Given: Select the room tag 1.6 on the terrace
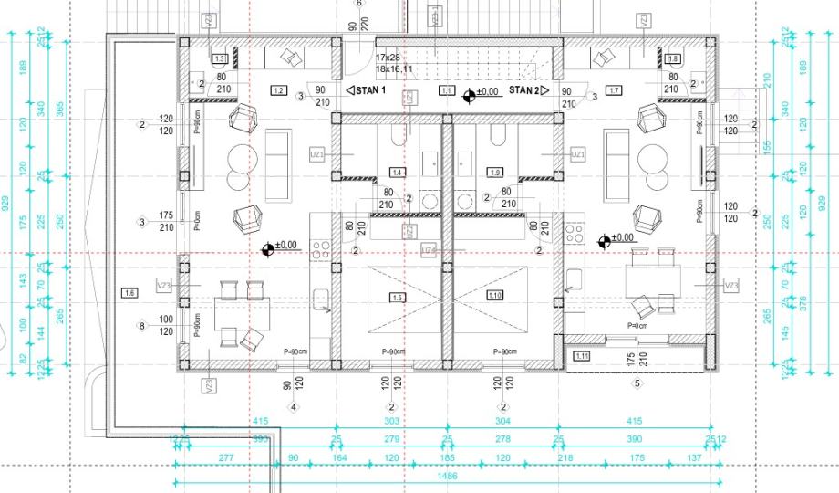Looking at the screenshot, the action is tap(129, 293).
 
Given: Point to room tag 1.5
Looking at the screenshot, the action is tap(396, 297).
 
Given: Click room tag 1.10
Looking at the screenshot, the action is tap(495, 297).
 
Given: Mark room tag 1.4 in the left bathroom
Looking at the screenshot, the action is tap(396, 173).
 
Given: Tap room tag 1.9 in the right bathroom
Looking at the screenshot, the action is tap(495, 173).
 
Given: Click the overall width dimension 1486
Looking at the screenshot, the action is tap(448, 476).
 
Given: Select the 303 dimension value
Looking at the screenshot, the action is tap(392, 421).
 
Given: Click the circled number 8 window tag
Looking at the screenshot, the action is tap(141, 325).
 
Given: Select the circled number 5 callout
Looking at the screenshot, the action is tap(637, 383).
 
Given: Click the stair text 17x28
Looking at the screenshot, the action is tap(388, 58).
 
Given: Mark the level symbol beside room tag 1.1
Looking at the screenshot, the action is tap(470, 93).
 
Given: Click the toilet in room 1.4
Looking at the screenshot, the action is tap(396, 135).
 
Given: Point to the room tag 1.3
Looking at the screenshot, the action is tap(219, 58).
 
